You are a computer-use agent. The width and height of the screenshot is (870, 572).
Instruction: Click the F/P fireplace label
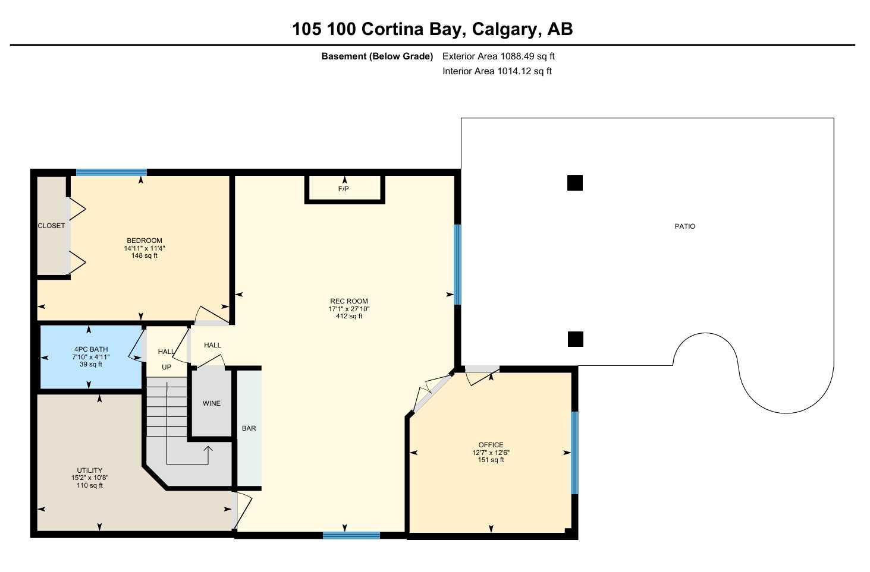point(343,189)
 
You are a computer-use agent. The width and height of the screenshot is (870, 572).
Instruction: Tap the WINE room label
point(212,403)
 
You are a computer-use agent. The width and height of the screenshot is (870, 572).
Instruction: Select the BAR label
point(249,428)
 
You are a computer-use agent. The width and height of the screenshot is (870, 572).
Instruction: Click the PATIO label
point(684,226)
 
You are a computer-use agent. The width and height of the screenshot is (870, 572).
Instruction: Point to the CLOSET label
point(51,226)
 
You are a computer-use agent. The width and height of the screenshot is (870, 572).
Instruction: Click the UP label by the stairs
point(167,367)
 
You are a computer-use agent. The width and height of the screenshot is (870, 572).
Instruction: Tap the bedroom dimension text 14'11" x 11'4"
point(145,248)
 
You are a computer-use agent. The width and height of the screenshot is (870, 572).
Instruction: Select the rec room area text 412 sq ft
point(349,316)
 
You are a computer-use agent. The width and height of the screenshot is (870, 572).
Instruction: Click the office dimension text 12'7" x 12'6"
point(491,453)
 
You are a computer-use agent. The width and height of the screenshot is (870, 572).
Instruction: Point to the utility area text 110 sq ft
point(90,485)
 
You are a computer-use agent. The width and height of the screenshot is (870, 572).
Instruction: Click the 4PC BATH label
point(91,349)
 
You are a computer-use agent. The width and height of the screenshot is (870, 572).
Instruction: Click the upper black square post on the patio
point(575,183)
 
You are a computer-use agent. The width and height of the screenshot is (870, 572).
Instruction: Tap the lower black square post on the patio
point(576,339)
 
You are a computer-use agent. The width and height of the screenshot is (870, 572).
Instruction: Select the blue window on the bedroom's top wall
point(111,172)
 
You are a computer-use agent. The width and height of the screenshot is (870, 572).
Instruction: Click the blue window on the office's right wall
point(575,453)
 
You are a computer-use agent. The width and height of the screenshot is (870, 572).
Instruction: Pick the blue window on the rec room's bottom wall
point(351,536)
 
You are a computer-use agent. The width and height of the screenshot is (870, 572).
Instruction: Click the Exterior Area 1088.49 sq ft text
point(498,56)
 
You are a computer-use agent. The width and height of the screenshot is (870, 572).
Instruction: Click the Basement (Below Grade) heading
point(377,56)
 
